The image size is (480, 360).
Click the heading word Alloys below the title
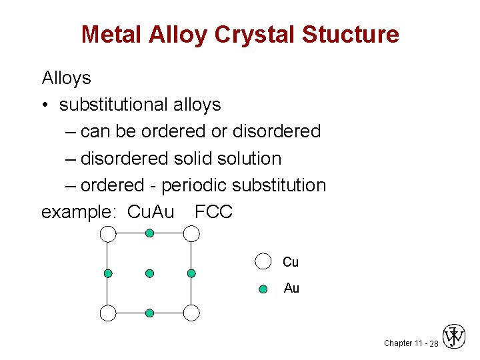point(66,78)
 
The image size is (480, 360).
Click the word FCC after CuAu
point(213,212)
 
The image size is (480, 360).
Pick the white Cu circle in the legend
point(263,261)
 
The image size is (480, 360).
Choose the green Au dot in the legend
point(263,289)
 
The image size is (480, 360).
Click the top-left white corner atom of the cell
point(108,233)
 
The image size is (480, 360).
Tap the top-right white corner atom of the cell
point(191,233)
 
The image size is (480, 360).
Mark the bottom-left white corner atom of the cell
point(108,313)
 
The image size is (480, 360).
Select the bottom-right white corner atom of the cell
point(191,313)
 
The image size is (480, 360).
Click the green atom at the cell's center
point(150,273)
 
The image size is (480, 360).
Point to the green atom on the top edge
point(150,233)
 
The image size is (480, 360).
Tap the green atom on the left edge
point(108,273)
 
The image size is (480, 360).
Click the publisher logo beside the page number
point(454,337)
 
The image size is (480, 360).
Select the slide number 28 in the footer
point(433,343)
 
